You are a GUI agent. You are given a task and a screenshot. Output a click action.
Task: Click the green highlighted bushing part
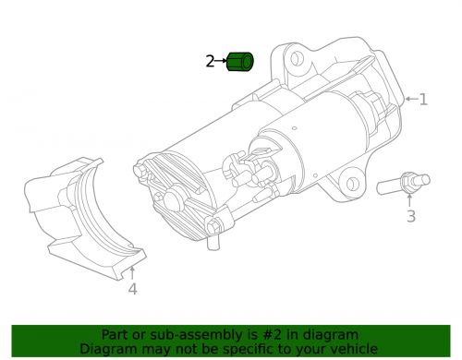click(x=240, y=62)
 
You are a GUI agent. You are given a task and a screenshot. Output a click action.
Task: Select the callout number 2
click(x=210, y=61)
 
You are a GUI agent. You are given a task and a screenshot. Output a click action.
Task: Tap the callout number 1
click(x=424, y=100)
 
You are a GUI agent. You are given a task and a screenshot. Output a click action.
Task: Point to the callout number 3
click(x=411, y=216)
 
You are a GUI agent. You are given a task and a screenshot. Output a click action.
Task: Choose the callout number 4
click(x=132, y=289)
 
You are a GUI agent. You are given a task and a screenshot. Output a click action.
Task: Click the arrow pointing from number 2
click(x=221, y=61)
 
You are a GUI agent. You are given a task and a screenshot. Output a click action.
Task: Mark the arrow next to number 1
click(x=411, y=99)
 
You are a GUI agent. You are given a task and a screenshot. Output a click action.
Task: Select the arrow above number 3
click(x=409, y=200)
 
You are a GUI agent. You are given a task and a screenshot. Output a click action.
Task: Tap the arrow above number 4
click(x=132, y=273)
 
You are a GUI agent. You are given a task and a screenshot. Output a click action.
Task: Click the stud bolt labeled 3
click(x=403, y=184)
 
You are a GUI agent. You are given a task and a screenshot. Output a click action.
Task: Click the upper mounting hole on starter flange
click(x=297, y=58)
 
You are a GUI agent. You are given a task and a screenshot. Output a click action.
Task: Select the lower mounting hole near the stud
click(x=352, y=184)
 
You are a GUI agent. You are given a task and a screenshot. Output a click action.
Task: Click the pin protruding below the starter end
click(x=213, y=242)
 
